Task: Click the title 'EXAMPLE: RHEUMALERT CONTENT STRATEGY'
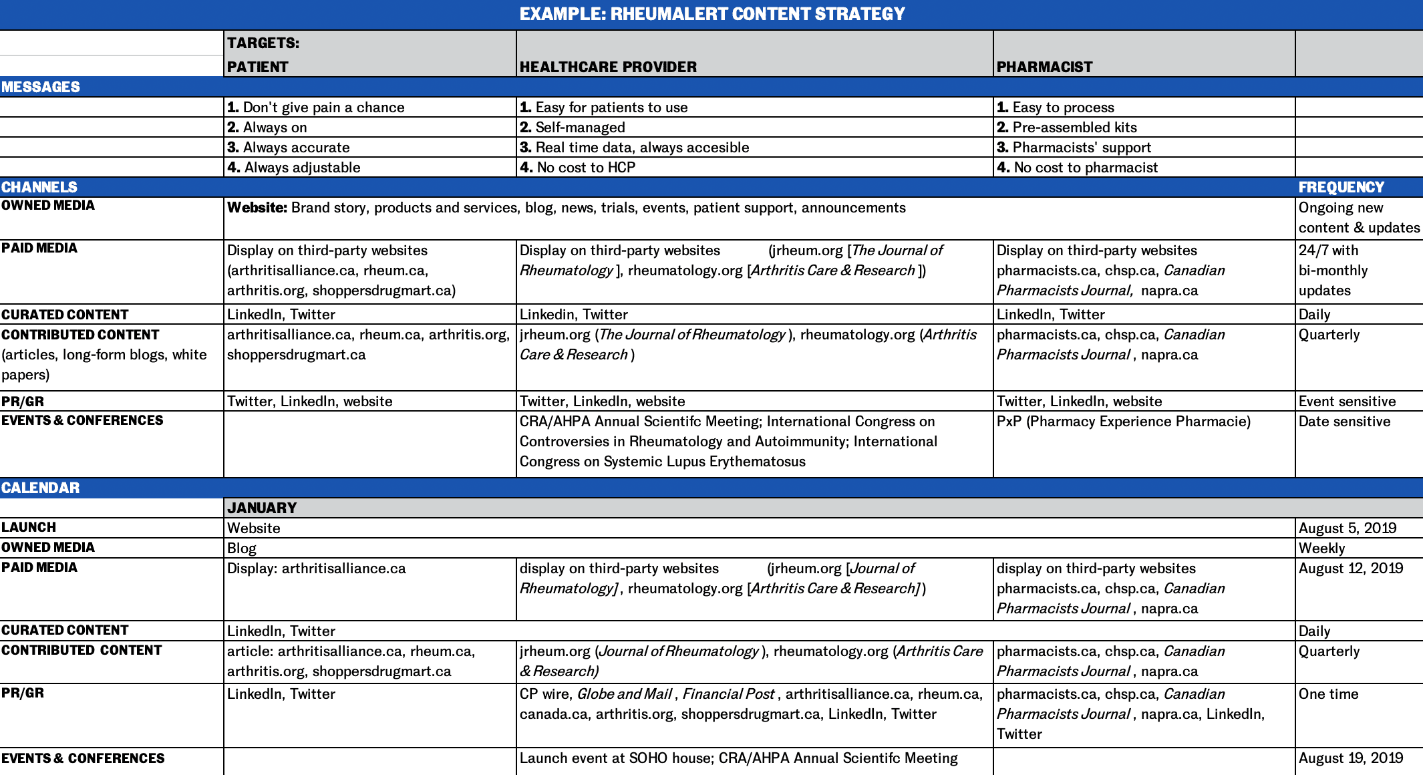coord(711,14)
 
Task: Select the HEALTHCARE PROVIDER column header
coord(608,67)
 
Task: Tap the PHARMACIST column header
coord(1044,67)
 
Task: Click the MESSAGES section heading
coord(41,87)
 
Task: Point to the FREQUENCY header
coord(1341,187)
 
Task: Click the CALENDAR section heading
coord(41,488)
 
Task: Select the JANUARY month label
coord(262,508)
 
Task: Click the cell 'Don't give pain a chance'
coord(316,108)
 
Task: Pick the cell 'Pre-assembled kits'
coord(1067,128)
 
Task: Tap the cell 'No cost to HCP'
coord(578,168)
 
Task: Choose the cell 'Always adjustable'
coord(294,168)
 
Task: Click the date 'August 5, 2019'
coord(1347,528)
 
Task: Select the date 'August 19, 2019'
coord(1350,758)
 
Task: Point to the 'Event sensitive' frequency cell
coord(1347,402)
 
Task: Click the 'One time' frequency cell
coord(1328,694)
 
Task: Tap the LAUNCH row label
coord(29,527)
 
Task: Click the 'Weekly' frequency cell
coord(1321,549)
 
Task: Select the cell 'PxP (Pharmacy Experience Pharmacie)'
coord(1124,422)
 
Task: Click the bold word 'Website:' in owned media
coord(257,208)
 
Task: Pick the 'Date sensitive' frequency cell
coord(1344,422)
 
